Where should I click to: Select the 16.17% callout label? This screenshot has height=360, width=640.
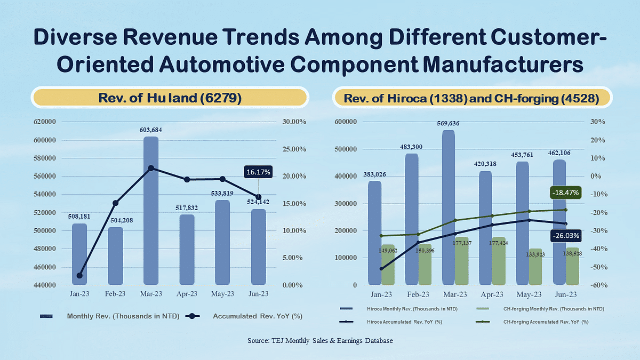point(259,172)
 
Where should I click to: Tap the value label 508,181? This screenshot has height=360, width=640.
point(79,217)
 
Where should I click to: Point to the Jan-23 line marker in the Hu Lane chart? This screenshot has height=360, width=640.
point(79,276)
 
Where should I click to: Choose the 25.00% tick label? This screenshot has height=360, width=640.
point(293,149)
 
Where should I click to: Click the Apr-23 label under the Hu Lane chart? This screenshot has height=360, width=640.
point(187,294)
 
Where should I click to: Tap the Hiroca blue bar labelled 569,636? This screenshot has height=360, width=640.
point(448,208)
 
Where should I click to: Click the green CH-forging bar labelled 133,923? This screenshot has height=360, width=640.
point(535,267)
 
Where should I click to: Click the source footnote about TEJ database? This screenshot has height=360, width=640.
point(320,340)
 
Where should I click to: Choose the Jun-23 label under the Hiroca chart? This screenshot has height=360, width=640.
point(565,294)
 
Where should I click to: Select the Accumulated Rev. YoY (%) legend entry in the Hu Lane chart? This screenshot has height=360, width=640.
point(258,316)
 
